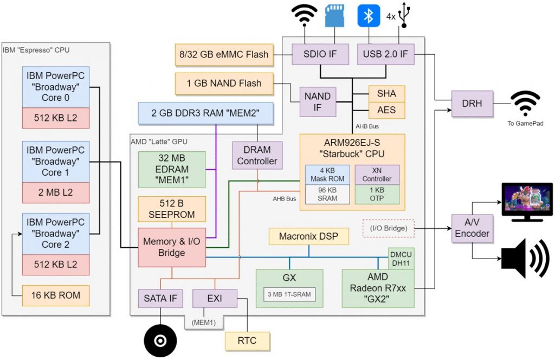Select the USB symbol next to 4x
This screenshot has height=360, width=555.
pyautogui.click(x=404, y=16)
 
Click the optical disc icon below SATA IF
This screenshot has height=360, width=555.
pyautogui.click(x=160, y=340)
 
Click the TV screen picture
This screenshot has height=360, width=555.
pyautogui.click(x=527, y=201)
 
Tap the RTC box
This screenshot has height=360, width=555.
pyautogui.click(x=247, y=340)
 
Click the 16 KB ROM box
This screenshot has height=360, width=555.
pyautogui.click(x=55, y=295)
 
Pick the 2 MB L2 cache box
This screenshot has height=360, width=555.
pyautogui.click(x=55, y=192)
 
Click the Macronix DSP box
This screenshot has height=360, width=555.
pyautogui.click(x=308, y=236)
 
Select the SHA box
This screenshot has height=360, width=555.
pyautogui.click(x=386, y=93)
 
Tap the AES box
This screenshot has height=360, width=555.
pyautogui.click(x=386, y=110)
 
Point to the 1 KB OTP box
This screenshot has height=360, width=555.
pyautogui.click(x=377, y=194)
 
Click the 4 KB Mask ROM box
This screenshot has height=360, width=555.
pyautogui.click(x=327, y=174)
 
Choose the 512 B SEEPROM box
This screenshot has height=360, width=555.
pyautogui.click(x=172, y=209)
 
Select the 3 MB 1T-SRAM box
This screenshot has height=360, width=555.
pyautogui.click(x=289, y=294)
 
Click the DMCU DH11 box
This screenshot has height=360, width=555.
pyautogui.click(x=402, y=259)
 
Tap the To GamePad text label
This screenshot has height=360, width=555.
pyautogui.click(x=526, y=124)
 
